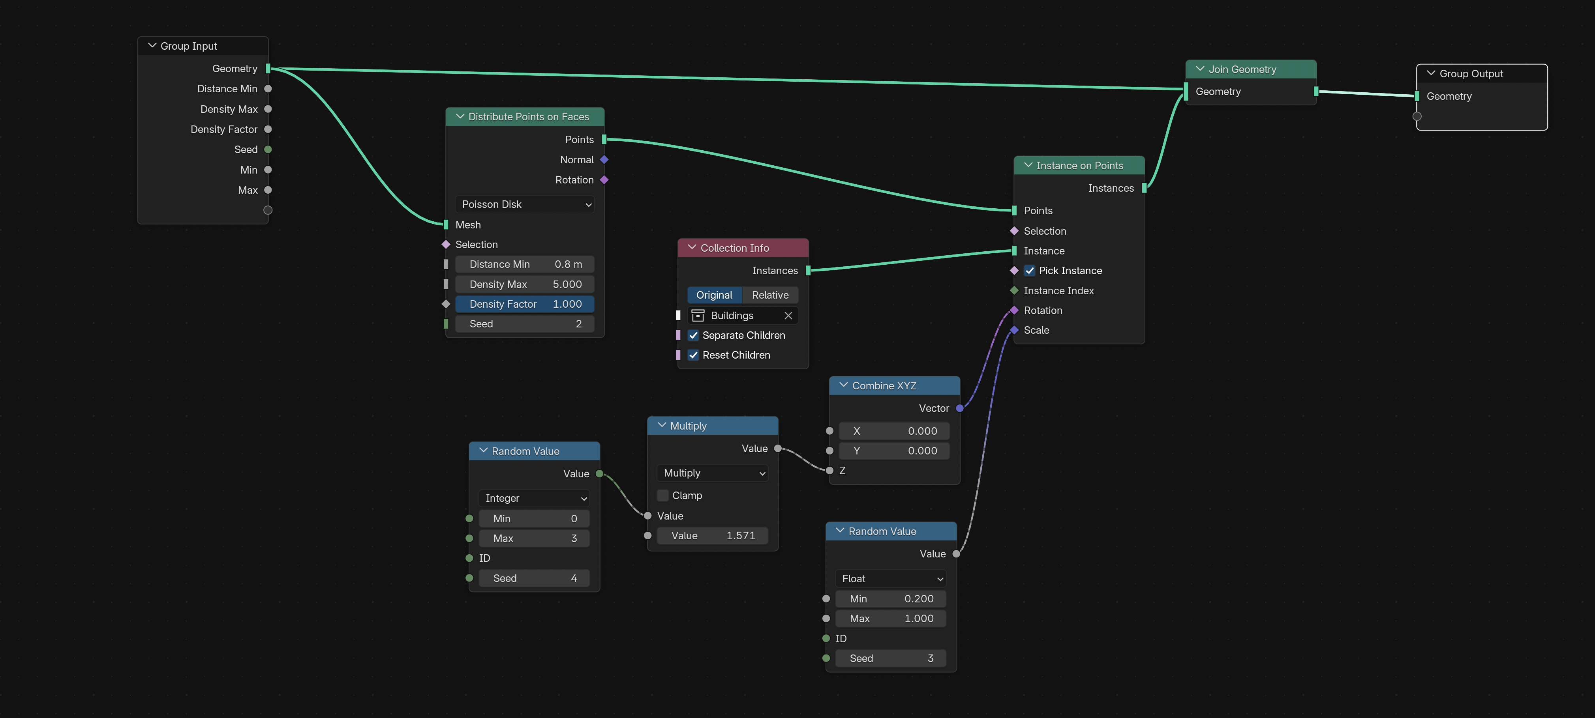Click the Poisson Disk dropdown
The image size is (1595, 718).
click(x=524, y=204)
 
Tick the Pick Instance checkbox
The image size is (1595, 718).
click(x=1030, y=271)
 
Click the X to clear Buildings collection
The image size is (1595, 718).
click(x=788, y=316)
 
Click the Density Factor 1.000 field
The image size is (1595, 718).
click(x=524, y=304)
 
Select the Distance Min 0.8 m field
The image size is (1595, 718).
click(x=524, y=264)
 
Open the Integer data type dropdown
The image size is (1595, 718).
click(x=534, y=498)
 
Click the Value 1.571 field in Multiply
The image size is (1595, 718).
click(x=713, y=535)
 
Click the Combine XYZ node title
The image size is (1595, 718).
click(x=884, y=385)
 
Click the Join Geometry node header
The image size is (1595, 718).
click(x=1251, y=69)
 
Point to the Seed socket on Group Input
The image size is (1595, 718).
click(x=268, y=149)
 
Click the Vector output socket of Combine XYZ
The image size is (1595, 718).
click(x=960, y=409)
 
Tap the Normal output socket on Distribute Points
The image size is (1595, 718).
click(x=604, y=160)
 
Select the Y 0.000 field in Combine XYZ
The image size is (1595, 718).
click(x=895, y=451)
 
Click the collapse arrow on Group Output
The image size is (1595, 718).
click(x=1431, y=73)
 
